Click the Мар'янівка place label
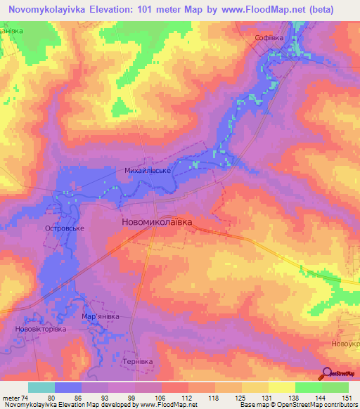(x=101, y=316)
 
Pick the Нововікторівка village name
(x=40, y=329)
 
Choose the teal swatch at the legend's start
(x=41, y=387)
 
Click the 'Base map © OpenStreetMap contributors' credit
(x=297, y=405)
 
